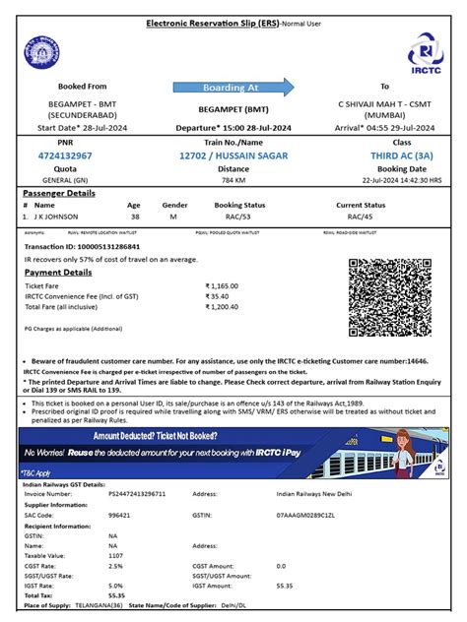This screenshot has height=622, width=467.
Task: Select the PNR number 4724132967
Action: tap(64, 155)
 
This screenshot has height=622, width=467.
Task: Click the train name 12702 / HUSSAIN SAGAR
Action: tap(233, 155)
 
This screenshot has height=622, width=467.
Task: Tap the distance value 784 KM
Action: tap(233, 180)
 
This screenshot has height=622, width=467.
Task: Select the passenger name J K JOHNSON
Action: tap(62, 216)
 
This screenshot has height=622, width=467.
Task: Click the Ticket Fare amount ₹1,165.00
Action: tap(224, 284)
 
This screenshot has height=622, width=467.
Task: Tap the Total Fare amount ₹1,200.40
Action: tap(224, 306)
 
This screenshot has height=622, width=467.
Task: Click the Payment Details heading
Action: tap(58, 272)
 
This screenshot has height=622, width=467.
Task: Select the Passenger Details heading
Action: tap(60, 193)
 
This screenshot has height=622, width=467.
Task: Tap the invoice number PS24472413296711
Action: tap(138, 493)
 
